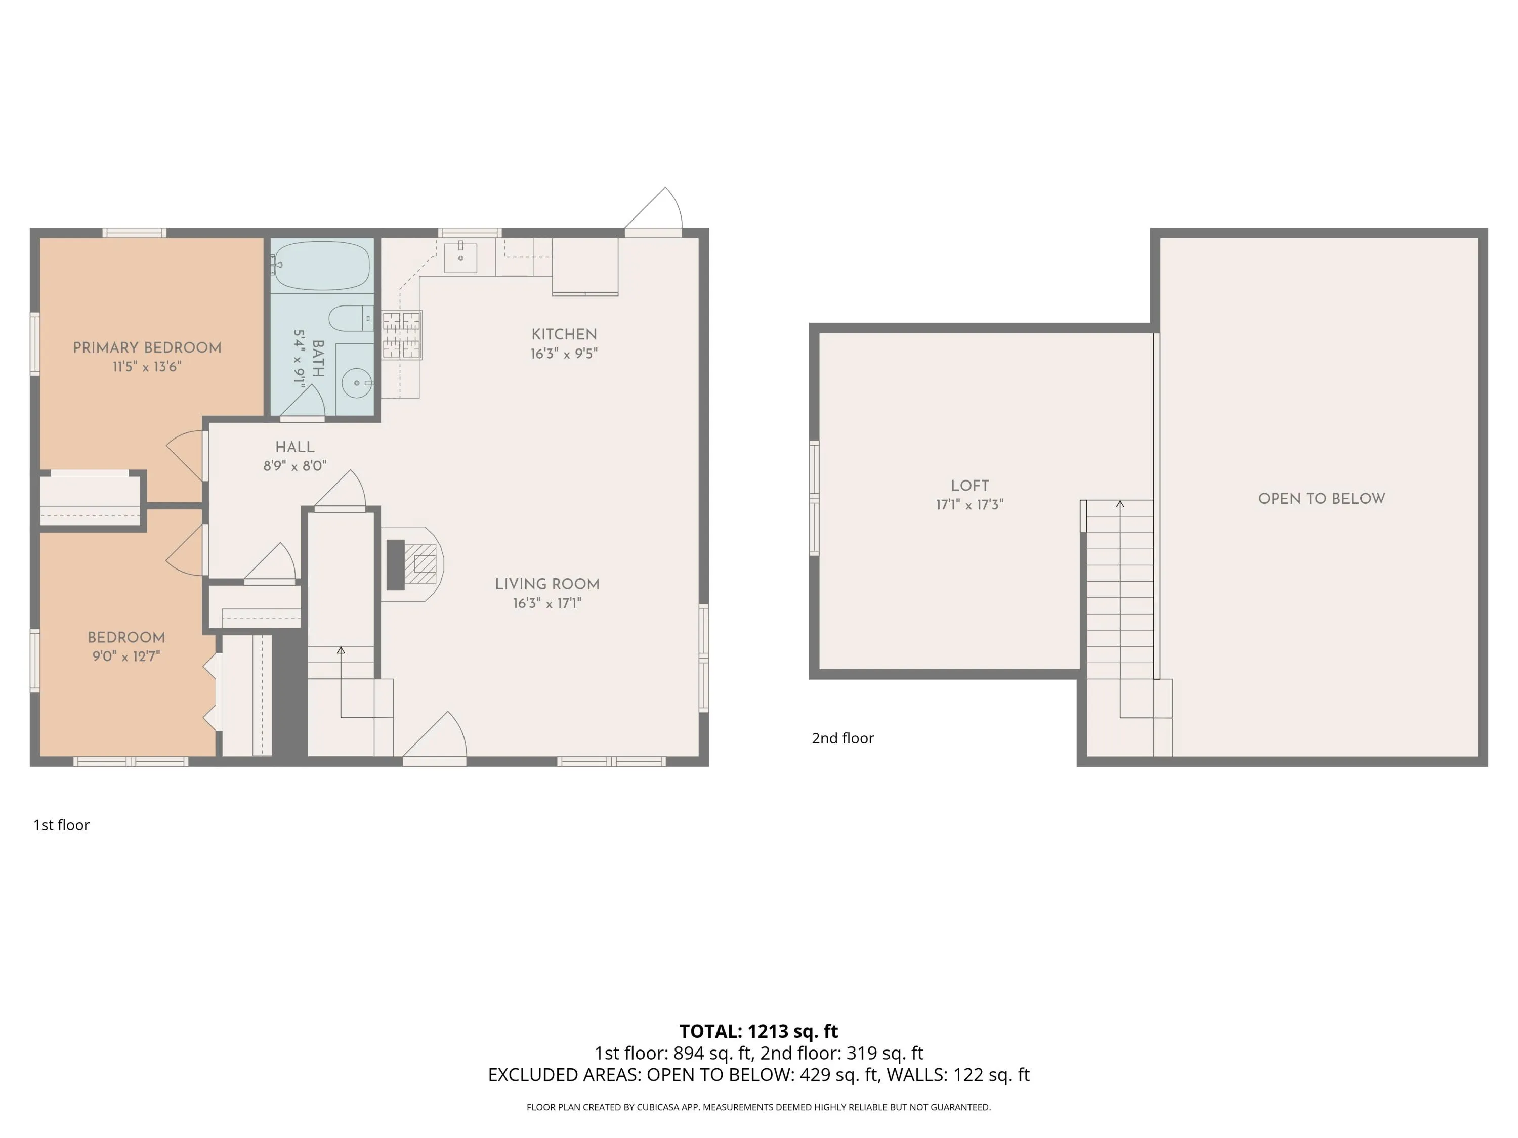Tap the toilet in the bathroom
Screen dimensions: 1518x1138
(x=351, y=319)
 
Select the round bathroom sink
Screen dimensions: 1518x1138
(x=357, y=383)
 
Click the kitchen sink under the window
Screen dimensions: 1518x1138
(x=460, y=257)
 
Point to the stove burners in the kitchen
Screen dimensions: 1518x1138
(x=402, y=335)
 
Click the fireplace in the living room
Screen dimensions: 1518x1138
(x=412, y=564)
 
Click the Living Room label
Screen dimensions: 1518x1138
(x=547, y=585)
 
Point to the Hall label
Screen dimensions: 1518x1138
(x=295, y=447)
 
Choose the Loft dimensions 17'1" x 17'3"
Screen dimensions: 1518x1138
(x=969, y=505)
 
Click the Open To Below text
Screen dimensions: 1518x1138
(x=1322, y=499)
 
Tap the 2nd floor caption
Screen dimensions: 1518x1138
(x=842, y=738)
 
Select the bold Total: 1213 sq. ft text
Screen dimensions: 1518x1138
(x=759, y=1031)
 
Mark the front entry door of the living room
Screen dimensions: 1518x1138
(x=434, y=738)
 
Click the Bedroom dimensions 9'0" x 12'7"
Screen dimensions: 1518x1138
(x=126, y=656)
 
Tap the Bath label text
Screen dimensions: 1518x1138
(x=318, y=359)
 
